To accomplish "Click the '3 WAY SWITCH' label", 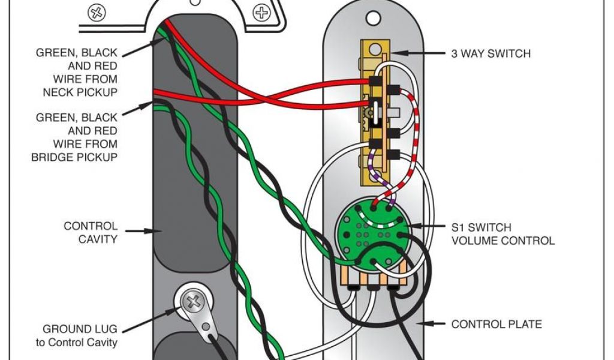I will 490,53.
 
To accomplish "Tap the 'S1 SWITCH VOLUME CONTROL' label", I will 502,234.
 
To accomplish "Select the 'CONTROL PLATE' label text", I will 496,324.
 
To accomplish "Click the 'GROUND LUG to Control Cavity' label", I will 79,336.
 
